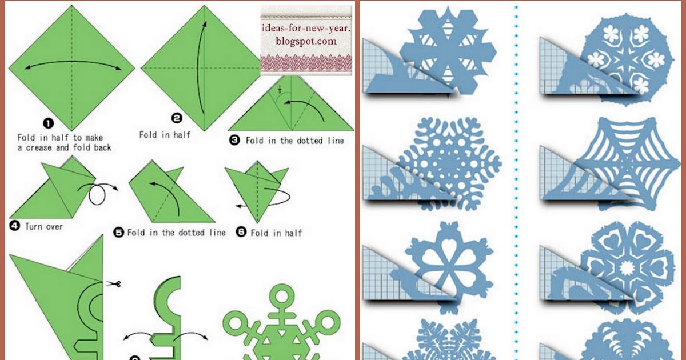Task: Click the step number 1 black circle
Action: coord(49,123)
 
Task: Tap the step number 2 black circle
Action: coord(177,118)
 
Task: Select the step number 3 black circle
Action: coord(234,141)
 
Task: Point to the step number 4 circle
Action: coord(15,226)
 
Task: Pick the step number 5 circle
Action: coord(118,233)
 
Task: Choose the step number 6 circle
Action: coord(241,232)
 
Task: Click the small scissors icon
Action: coord(114,284)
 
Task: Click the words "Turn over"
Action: coord(44,227)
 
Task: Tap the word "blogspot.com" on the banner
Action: coord(306,41)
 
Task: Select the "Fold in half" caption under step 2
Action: coord(165,135)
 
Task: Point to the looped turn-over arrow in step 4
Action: coord(98,194)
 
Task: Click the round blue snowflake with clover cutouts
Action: coord(627,59)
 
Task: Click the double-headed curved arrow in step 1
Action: coord(73,65)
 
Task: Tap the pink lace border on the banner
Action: coord(306,63)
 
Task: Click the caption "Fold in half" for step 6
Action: coord(276,233)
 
